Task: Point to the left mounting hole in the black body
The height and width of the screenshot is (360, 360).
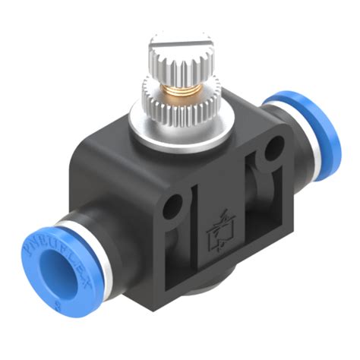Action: [175, 204]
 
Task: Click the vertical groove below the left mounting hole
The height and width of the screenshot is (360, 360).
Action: [190, 235]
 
